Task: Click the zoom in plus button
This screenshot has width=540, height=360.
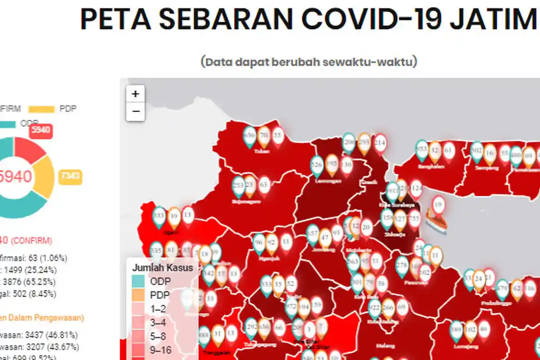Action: pos(135,94)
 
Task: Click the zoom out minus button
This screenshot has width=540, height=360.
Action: pos(135,111)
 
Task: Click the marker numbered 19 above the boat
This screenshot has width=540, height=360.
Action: pos(438,204)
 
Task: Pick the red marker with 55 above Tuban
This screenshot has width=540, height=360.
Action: pos(278,135)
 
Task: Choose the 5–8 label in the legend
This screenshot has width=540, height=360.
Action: pos(158,336)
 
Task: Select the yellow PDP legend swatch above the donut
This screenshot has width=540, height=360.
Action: pos(41,109)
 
